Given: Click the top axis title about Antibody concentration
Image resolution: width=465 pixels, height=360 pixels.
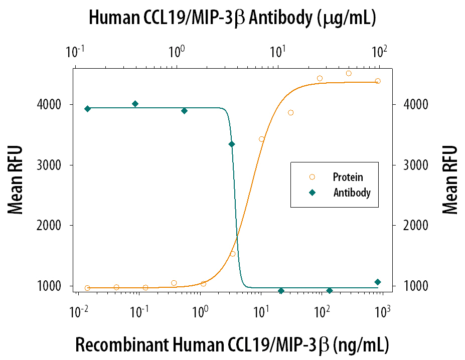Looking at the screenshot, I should [232, 19].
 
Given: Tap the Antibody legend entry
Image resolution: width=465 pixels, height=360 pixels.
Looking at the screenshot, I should [351, 193].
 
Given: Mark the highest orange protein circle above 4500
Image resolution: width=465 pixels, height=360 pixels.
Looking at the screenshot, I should [349, 73].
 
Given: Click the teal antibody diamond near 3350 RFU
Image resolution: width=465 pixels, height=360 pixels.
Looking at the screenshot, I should [231, 144].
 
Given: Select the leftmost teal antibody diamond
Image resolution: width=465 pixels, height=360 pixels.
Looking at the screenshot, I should [87, 109].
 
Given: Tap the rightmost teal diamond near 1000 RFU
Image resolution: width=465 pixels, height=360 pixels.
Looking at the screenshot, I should [378, 282].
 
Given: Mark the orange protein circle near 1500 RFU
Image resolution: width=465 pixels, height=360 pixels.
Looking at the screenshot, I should [232, 254].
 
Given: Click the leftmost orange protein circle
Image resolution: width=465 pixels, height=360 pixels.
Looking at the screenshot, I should [87, 288].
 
